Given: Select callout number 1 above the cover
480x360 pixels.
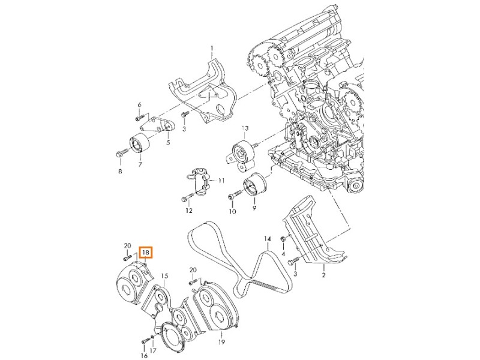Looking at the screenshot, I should pos(211,47).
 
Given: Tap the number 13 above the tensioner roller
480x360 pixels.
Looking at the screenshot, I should pos(245,129).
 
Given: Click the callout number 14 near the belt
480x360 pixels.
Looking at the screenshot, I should pos(268,239).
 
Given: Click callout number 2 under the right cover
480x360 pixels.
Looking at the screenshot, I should pos(323,275).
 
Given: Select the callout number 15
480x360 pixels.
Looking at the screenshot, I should pos(164,276).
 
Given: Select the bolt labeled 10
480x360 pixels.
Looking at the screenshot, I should pos(235,194).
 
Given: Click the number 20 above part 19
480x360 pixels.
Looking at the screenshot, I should pos(193,270).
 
